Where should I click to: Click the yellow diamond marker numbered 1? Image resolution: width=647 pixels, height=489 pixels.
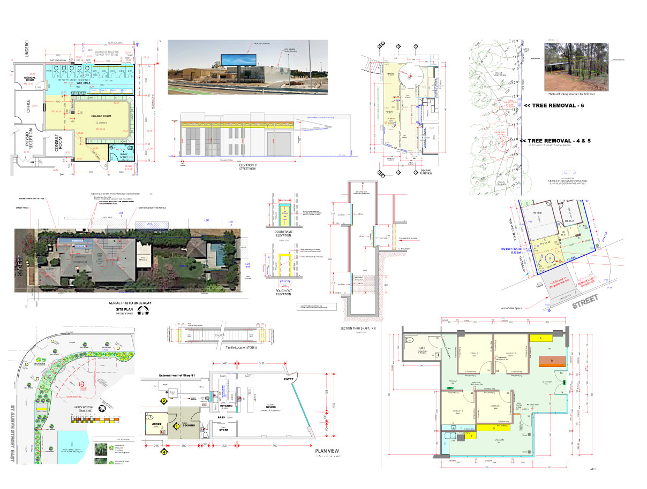coord(176,426)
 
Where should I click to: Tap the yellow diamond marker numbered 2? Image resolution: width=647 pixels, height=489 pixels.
coord(163,400)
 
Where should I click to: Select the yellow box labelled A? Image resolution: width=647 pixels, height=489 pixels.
coord(540,338)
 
